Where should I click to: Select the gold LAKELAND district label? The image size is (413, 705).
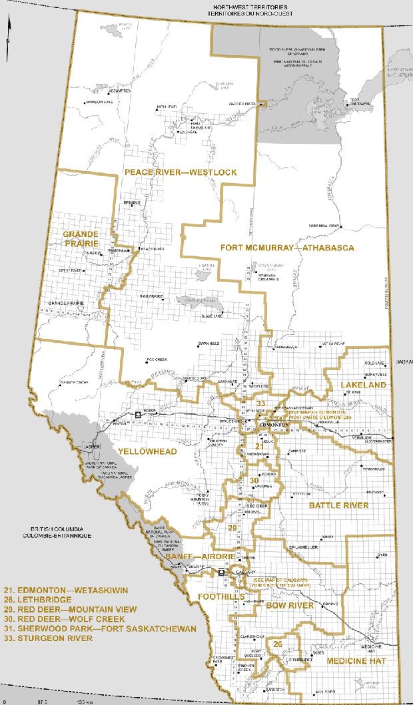pos(364,385)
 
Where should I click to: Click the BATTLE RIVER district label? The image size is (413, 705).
pos(338,506)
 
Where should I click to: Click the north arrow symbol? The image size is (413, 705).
pos(7,30)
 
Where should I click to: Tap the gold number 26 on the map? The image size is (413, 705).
pos(277,644)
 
